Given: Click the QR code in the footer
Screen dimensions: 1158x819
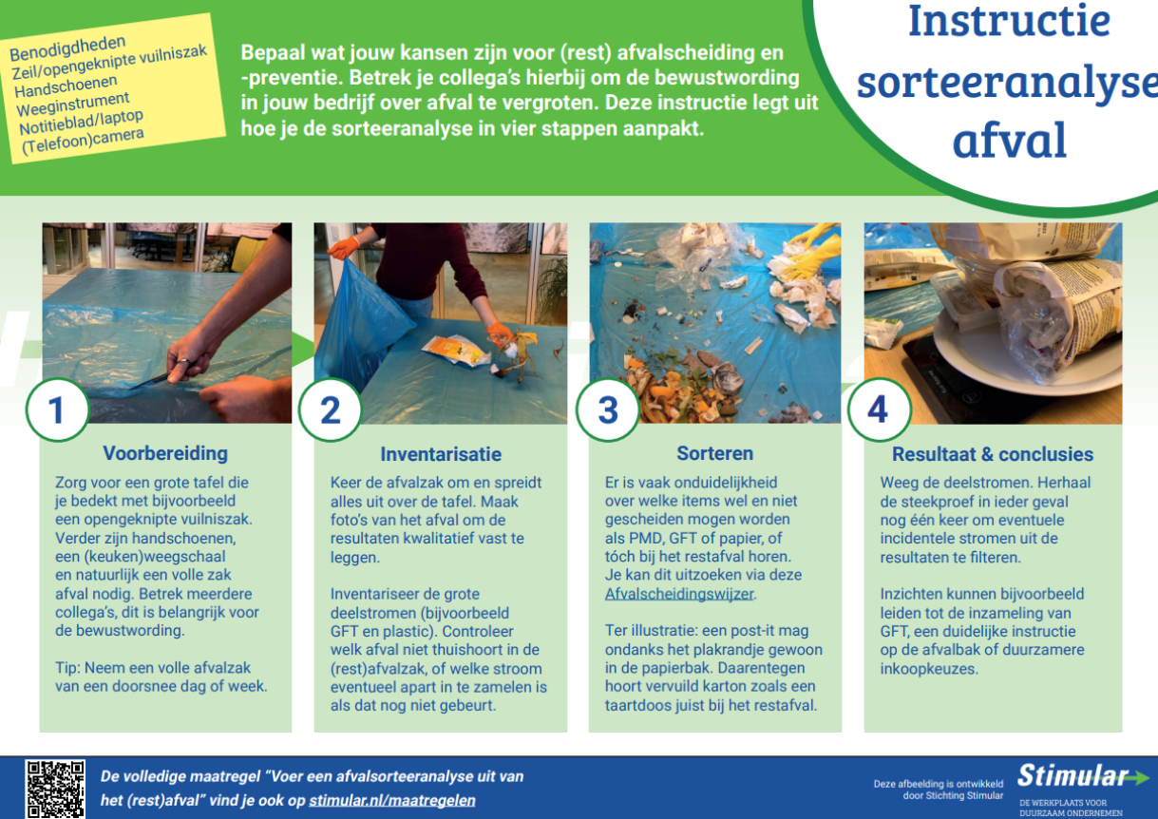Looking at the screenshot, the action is pyautogui.click(x=55, y=789).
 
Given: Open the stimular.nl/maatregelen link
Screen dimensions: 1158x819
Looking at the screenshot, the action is pyautogui.click(x=392, y=800).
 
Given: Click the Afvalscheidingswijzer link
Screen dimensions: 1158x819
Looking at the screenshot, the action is pyautogui.click(x=679, y=594).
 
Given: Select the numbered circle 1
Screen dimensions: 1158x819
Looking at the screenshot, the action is pyautogui.click(x=57, y=410).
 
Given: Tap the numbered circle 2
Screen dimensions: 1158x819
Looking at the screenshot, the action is pyautogui.click(x=331, y=410).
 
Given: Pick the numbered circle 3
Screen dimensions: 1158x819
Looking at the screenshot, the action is pyautogui.click(x=608, y=410).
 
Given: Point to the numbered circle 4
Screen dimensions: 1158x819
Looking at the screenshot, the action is pyautogui.click(x=880, y=410).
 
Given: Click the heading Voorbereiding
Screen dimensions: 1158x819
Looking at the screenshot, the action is pyautogui.click(x=165, y=453).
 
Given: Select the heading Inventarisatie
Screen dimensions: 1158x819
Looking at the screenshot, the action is pyautogui.click(x=441, y=454).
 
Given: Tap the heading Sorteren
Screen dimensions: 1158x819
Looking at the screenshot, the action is pyautogui.click(x=715, y=453).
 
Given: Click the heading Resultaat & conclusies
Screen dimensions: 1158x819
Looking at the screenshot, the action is pyautogui.click(x=993, y=454).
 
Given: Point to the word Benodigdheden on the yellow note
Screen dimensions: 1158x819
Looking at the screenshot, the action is pyautogui.click(x=67, y=48).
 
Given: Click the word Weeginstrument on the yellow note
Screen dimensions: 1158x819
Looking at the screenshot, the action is pyautogui.click(x=73, y=105).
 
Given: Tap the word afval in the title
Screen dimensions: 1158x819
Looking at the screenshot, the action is pyautogui.click(x=1010, y=140).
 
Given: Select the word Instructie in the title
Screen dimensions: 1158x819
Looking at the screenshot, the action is pyautogui.click(x=1009, y=21).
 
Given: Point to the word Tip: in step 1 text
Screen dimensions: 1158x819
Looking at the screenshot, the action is pyautogui.click(x=67, y=668).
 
